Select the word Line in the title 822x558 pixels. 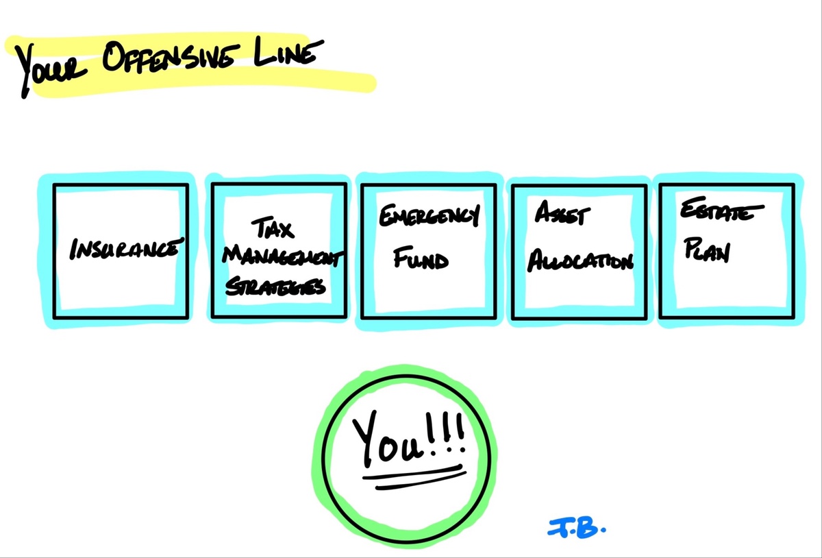pos(288,53)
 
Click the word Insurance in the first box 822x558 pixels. pos(126,249)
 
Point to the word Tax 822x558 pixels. pos(273,228)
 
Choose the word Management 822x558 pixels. pos(282,255)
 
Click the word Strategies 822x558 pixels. pos(275,286)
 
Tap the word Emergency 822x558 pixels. pos(429,215)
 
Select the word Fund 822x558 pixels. pos(421,258)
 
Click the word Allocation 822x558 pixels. pos(580,260)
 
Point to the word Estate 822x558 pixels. pos(721,208)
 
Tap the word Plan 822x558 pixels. pos(706,250)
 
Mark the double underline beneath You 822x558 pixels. pos(414,478)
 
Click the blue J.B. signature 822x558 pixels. pos(577,529)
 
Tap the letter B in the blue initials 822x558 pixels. pos(586,529)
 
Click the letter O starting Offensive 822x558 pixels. pos(114,56)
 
